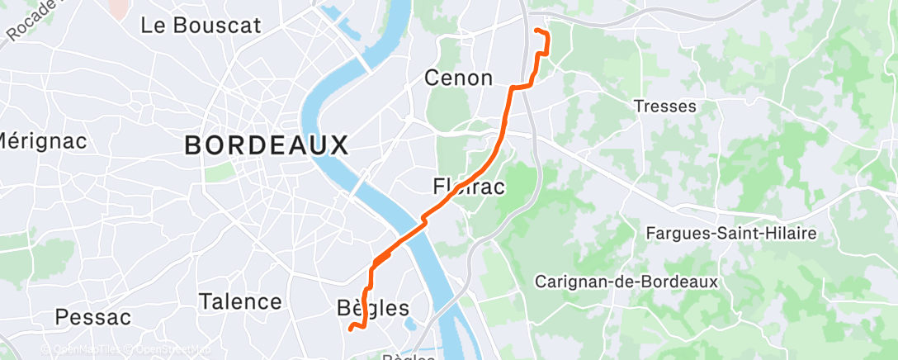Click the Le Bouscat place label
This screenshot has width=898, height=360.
201,26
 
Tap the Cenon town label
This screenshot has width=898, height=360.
458,78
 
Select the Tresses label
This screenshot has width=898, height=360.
664,107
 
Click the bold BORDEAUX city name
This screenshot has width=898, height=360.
266,146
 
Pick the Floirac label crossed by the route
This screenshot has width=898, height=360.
469,187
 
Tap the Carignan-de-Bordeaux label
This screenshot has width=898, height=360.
626,282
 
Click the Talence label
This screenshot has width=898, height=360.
240,302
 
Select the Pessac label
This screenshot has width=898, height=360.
93,317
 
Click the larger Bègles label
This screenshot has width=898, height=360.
373,309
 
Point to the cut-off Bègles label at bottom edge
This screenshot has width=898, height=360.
409,356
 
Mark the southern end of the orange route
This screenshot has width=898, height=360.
351,329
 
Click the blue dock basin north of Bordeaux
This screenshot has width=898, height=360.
339,21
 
